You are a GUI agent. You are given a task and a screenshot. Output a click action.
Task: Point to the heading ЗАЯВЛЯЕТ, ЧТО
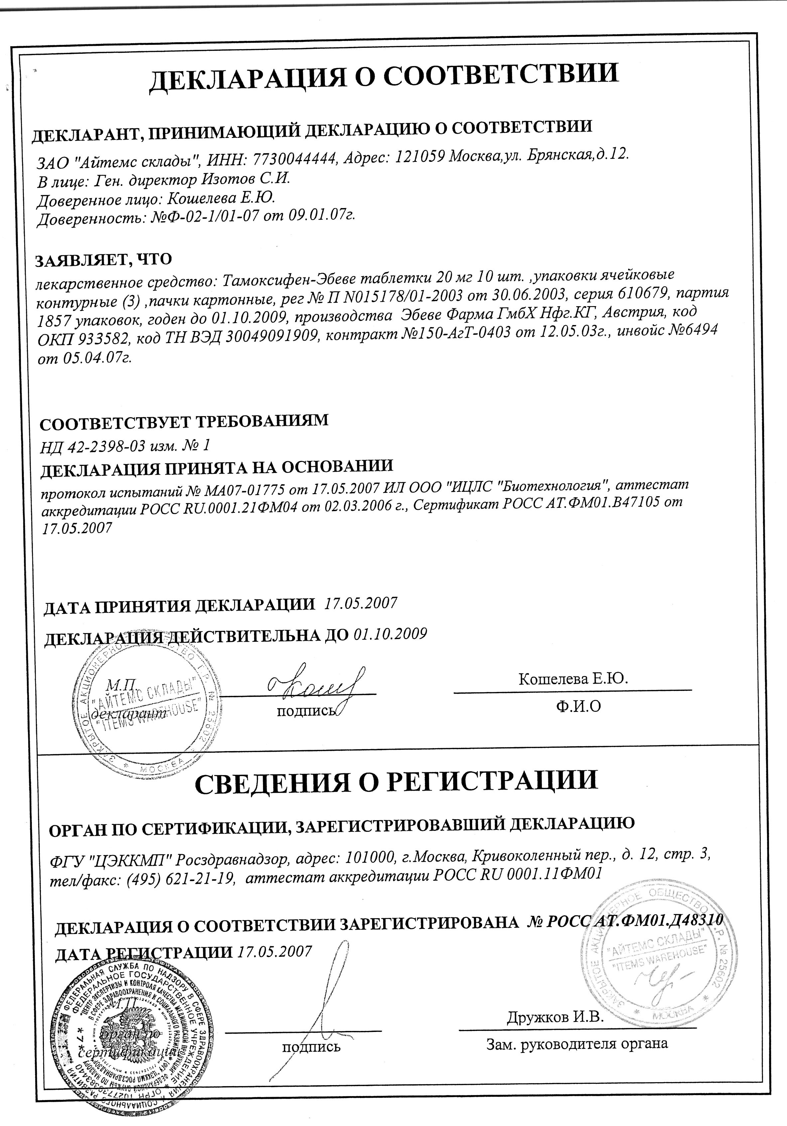tap(103, 260)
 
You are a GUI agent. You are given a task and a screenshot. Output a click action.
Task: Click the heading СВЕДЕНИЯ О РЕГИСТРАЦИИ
tap(396, 781)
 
